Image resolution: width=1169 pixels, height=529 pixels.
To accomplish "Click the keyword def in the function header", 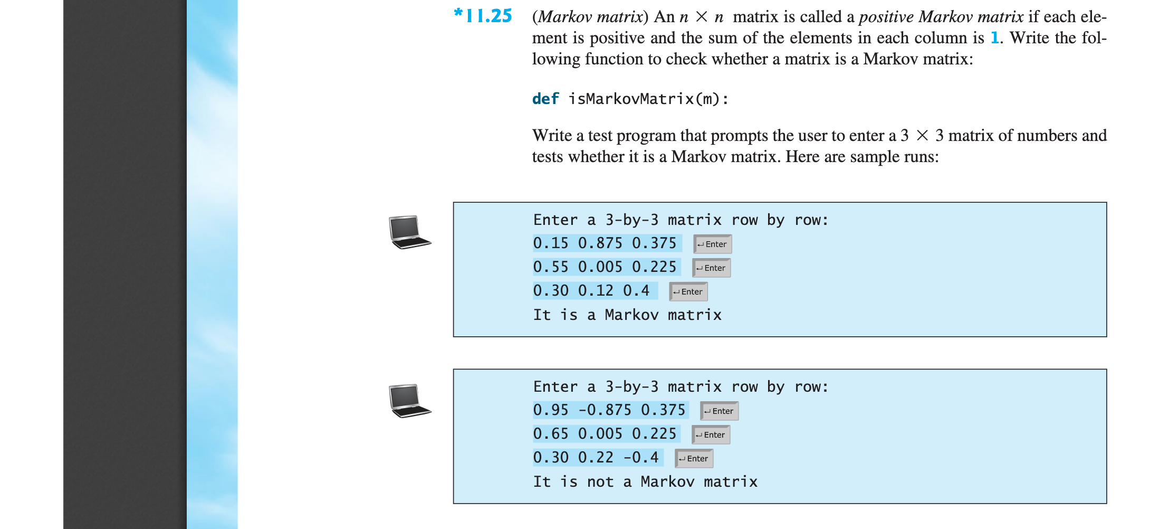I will tap(545, 99).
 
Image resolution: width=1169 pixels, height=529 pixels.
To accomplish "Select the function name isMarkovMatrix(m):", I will tap(648, 99).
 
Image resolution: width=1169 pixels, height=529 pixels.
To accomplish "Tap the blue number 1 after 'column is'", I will tap(994, 37).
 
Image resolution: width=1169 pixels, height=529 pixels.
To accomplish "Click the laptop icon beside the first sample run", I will tap(410, 232).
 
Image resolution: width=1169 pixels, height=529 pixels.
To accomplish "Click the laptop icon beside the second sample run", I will tap(410, 401).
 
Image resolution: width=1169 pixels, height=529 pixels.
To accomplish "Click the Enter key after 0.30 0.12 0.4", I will tap(688, 291).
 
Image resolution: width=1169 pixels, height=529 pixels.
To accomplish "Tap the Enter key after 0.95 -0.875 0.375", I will tap(719, 411).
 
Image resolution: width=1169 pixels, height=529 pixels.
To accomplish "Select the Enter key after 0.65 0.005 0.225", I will tap(711, 434).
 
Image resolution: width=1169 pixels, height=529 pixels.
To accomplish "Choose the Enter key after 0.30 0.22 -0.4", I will tap(694, 458).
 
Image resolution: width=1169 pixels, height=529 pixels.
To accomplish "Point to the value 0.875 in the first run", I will tap(600, 243).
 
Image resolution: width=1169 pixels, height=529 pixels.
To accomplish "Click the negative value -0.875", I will tap(605, 410).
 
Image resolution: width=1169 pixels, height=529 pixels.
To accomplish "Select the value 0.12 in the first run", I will tap(596, 291).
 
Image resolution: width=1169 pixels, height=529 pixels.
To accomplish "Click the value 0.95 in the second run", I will tap(551, 410).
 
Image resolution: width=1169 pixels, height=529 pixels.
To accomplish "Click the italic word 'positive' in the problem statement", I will tap(886, 16).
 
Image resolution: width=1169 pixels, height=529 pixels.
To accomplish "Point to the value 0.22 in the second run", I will tap(596, 458).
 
